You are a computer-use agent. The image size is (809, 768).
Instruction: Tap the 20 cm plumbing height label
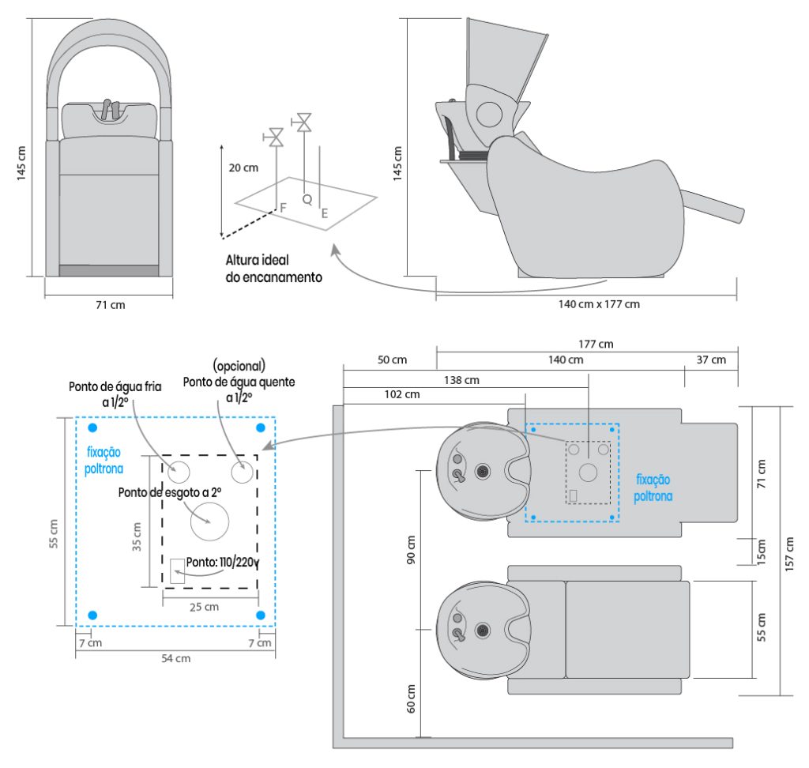point(243,168)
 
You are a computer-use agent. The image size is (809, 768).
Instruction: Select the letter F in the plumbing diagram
point(282,207)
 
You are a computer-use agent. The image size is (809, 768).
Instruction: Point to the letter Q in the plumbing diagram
point(307,199)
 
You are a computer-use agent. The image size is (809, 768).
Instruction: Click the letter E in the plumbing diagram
point(324,212)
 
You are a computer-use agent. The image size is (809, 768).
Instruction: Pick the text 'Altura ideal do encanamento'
point(273,269)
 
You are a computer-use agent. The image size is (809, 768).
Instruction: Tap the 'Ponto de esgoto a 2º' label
point(170,492)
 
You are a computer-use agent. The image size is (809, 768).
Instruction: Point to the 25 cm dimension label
point(204,607)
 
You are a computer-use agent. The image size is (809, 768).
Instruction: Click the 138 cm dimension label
point(461,380)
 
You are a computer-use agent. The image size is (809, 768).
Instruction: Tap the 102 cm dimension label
point(403,394)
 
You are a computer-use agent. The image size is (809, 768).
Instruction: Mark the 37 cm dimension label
point(710,360)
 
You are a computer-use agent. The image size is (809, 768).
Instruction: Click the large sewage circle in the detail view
point(209,521)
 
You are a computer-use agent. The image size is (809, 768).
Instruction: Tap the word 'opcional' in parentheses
point(239,367)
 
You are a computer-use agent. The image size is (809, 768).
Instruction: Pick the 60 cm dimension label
point(409,698)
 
